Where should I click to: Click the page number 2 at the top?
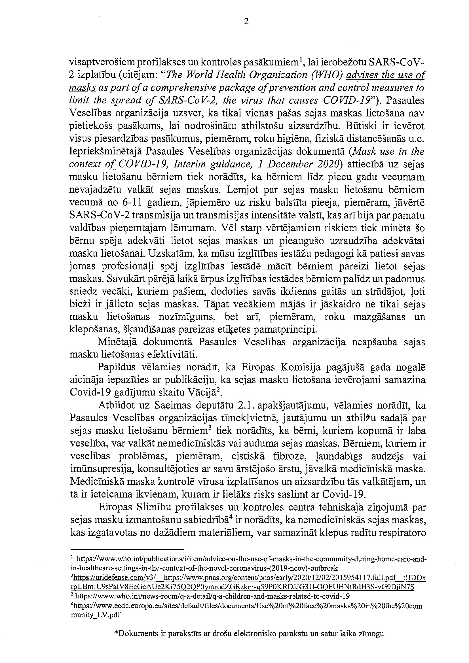(x=246, y=22)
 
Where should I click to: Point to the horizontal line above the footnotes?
(x=127, y=549)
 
